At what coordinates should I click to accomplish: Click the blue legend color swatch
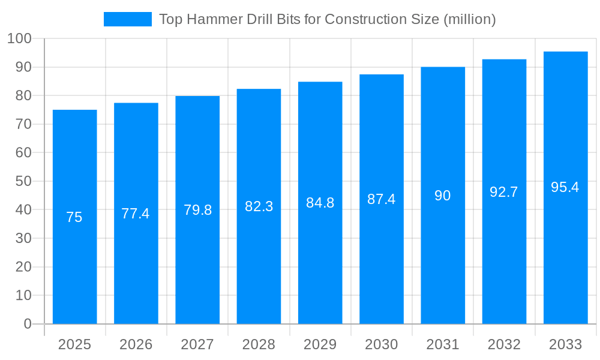[127, 19]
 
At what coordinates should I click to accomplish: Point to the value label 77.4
[136, 214]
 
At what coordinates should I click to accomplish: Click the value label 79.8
[197, 210]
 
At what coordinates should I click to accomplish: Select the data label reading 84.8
[320, 203]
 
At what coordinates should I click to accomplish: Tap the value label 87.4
[382, 199]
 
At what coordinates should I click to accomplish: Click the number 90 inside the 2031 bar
[443, 196]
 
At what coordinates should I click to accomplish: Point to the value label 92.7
[504, 192]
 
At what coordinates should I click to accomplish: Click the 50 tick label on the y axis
[24, 181]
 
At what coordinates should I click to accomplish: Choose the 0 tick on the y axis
[28, 324]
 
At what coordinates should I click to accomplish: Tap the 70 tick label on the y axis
[24, 124]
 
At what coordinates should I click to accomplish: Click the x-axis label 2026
[136, 344]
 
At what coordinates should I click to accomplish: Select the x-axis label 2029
[320, 344]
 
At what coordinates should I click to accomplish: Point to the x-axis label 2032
[504, 344]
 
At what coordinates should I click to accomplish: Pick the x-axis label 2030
[382, 344]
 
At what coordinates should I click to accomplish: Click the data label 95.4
[565, 187]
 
